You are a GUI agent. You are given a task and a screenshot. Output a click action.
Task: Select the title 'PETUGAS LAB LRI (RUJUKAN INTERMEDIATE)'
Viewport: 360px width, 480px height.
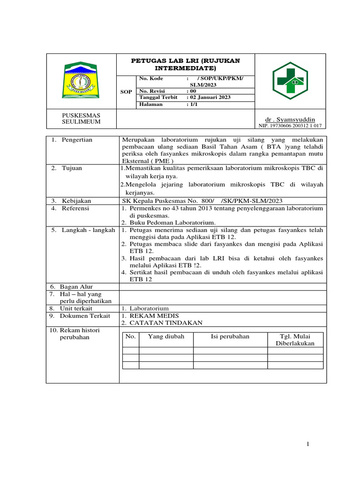[x=185, y=64]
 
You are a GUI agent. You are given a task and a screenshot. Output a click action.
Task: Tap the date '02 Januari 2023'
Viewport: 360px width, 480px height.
[x=208, y=97]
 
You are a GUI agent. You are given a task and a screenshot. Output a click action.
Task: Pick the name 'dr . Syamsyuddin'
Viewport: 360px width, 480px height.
[x=290, y=120]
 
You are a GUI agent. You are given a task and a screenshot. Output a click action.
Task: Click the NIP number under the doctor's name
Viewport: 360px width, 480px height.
[x=290, y=126]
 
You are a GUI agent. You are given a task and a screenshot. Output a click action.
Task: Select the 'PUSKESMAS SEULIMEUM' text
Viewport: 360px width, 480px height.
[x=81, y=119]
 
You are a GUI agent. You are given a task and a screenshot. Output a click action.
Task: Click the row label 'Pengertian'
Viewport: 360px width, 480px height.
[x=77, y=140]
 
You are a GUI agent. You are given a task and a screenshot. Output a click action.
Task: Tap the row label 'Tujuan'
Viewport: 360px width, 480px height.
[x=72, y=168]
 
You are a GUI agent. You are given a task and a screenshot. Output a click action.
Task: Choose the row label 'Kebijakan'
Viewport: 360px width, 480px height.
[x=76, y=201]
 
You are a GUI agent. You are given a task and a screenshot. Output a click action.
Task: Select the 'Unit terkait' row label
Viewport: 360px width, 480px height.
[x=77, y=308]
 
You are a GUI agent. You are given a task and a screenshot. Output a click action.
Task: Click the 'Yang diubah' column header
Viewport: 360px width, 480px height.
[x=166, y=337]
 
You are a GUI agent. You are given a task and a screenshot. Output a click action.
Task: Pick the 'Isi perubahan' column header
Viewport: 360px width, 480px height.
[x=230, y=337]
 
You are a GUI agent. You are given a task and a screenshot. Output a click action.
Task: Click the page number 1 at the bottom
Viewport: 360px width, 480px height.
[x=307, y=444]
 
